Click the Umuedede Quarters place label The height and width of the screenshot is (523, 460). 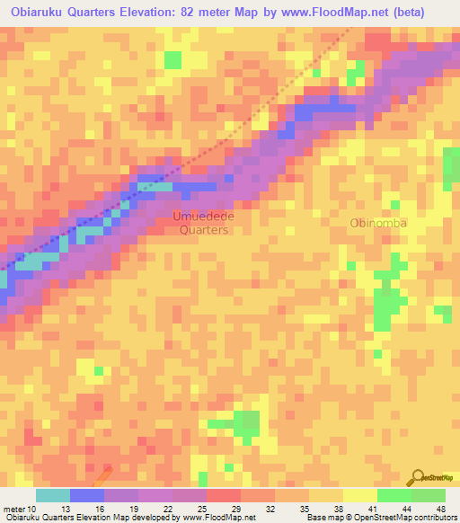click(202, 223)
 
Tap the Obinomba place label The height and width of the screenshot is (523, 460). click(378, 223)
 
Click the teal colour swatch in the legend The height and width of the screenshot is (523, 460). click(53, 495)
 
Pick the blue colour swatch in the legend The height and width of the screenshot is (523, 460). click(87, 495)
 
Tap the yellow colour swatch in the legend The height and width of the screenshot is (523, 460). click(360, 495)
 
